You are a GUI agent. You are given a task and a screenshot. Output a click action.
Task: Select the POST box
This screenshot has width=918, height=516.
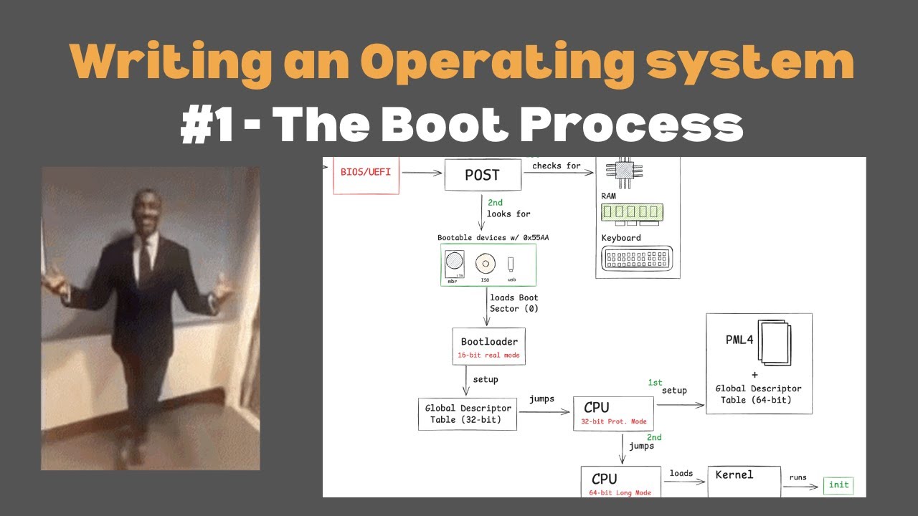tap(482, 175)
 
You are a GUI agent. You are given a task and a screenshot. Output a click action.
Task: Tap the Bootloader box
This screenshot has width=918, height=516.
tap(489, 348)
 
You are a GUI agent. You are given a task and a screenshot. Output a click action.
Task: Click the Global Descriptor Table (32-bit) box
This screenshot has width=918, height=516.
tap(468, 414)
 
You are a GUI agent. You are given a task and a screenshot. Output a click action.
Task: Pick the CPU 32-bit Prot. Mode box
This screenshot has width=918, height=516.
tap(614, 414)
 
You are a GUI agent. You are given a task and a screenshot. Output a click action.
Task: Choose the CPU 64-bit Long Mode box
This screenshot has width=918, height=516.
tap(621, 482)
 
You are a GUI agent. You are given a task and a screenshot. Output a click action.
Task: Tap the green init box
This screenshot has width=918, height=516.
tap(838, 485)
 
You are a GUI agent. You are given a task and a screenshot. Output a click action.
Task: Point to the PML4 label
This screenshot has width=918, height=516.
tap(739, 340)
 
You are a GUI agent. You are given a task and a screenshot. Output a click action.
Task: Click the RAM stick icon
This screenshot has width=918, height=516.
tap(632, 212)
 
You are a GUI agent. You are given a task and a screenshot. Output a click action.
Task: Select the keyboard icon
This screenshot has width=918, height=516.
tap(638, 258)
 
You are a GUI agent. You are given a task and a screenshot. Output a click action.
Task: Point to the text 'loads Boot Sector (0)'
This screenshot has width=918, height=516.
tap(514, 303)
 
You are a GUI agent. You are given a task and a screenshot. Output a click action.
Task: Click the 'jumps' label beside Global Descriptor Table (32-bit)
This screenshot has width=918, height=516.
tap(541, 399)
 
